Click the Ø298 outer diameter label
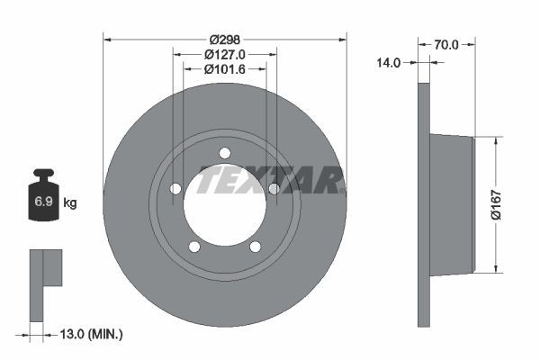point(225,40)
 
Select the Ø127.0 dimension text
point(225,55)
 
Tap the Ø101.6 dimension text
point(225,69)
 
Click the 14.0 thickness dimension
point(390,63)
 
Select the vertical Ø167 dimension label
point(509,204)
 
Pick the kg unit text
point(70,203)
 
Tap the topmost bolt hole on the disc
point(225,152)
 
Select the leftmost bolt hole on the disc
point(176,188)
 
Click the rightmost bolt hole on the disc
point(274,188)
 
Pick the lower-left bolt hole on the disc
point(194,246)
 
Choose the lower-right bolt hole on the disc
point(255,246)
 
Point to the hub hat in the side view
point(452,204)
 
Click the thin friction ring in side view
point(424,205)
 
